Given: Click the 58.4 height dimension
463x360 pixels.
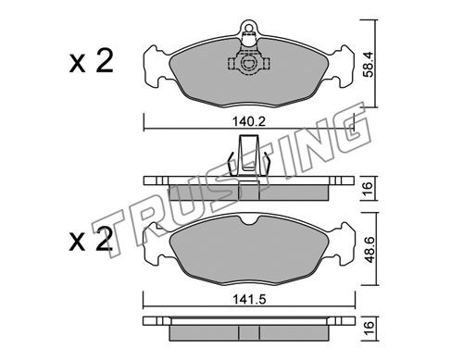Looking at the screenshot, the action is click(369, 64).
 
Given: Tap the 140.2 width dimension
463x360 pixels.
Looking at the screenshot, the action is click(249, 122).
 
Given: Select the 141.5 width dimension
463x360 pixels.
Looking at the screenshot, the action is click(249, 299).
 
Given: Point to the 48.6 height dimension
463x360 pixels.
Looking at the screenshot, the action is click(369, 249).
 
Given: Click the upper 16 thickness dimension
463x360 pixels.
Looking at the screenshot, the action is click(369, 189).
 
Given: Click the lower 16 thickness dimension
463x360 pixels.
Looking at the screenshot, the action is click(369, 329).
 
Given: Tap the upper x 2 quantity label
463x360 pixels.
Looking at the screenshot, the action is click(92, 61).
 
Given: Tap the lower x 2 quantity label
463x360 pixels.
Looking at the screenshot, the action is click(91, 239).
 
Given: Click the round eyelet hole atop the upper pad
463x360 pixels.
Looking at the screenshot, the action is click(248, 26).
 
